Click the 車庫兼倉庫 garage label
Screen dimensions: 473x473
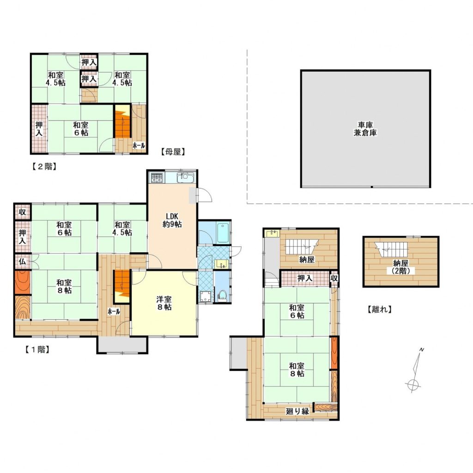coord(365,129)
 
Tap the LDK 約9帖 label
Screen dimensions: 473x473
coord(172,220)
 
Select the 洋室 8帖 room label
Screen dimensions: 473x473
coord(164,303)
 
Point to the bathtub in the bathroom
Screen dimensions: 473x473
coord(224,232)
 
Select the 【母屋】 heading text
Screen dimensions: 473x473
coord(173,152)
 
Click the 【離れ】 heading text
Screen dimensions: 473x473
coord(380,309)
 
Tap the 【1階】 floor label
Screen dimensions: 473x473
coord(37,349)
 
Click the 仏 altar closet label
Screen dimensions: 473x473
coord(22,261)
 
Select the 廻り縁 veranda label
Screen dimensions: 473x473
coord(297,411)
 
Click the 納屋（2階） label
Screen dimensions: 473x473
coord(400,267)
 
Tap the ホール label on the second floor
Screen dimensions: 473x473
coord(139,146)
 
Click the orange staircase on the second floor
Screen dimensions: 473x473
coord(122,122)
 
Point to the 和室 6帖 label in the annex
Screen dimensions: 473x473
coord(297,312)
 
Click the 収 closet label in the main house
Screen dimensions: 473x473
coord(22,212)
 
